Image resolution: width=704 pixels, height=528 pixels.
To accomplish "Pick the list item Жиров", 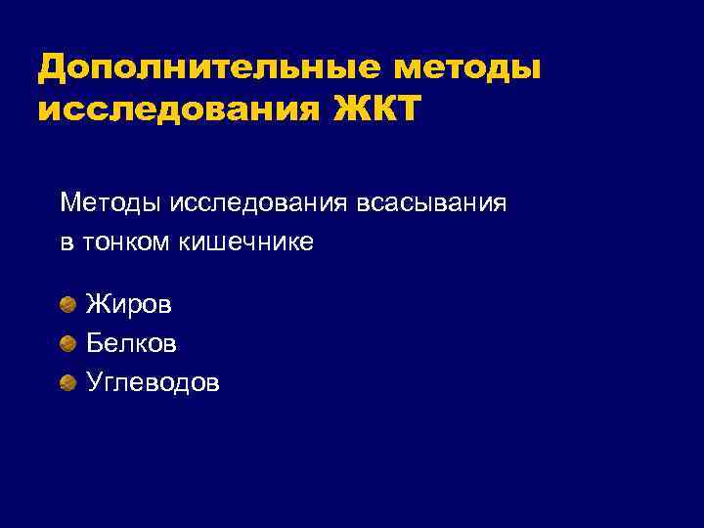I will coord(128,305).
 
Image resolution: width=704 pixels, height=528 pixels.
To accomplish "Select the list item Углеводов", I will coord(153,382).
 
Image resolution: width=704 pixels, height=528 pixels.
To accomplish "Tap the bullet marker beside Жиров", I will coord(67,305).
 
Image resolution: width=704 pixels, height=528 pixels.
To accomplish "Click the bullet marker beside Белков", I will coord(67,343).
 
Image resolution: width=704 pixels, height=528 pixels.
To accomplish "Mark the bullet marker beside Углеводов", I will coord(67,381).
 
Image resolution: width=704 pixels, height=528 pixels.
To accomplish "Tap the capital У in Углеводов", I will coord(95,382).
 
